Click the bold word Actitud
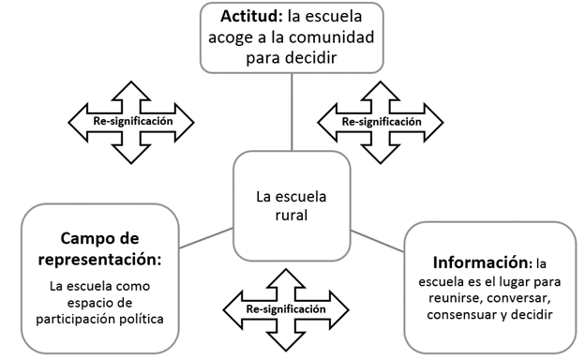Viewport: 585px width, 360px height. click(x=252, y=18)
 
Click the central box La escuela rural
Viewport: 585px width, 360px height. click(x=292, y=205)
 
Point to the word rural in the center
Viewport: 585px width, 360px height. click(x=292, y=215)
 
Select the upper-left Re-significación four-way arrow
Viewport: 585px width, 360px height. click(x=131, y=121)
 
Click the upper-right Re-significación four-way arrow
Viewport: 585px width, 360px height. click(x=381, y=121)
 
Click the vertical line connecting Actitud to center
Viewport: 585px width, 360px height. click(x=292, y=112)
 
